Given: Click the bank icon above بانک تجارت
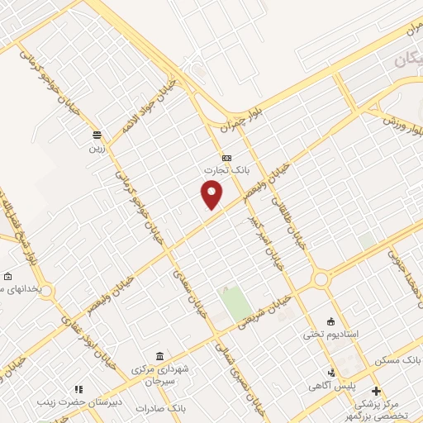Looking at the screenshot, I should point(226,158).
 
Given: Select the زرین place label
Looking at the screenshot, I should point(97,150).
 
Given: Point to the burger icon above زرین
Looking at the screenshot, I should point(97,135).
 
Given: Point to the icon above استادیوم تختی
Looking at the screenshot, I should point(331,321).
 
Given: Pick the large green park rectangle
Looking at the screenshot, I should point(237,302).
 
